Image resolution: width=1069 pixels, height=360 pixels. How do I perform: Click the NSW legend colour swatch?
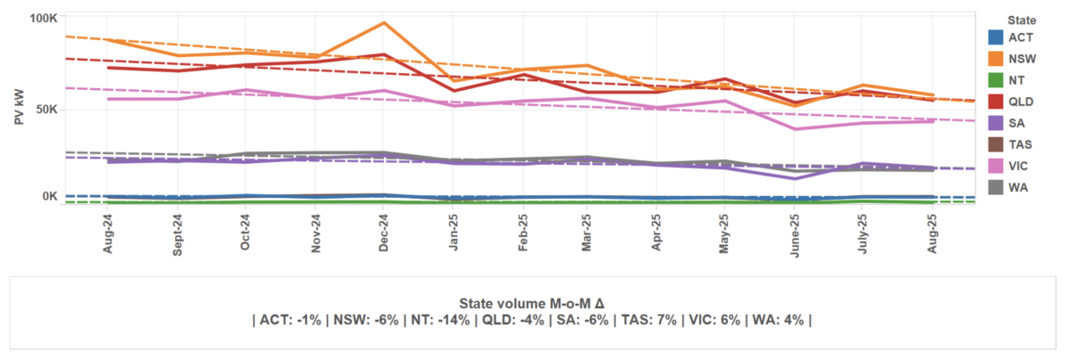click(x=997, y=58)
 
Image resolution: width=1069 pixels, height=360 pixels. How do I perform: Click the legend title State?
click(x=1021, y=19)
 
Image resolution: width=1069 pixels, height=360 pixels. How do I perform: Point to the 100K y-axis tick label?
click(x=43, y=18)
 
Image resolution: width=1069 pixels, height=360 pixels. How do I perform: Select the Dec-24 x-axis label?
click(x=383, y=234)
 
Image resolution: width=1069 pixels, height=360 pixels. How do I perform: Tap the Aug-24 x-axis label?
click(x=109, y=234)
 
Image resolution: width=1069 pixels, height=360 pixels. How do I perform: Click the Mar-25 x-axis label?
click(x=588, y=234)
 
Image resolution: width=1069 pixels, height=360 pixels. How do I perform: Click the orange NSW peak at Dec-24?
click(x=383, y=23)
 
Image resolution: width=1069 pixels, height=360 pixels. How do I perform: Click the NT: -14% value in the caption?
click(x=421, y=320)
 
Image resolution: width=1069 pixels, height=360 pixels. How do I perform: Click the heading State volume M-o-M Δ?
click(x=532, y=303)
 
